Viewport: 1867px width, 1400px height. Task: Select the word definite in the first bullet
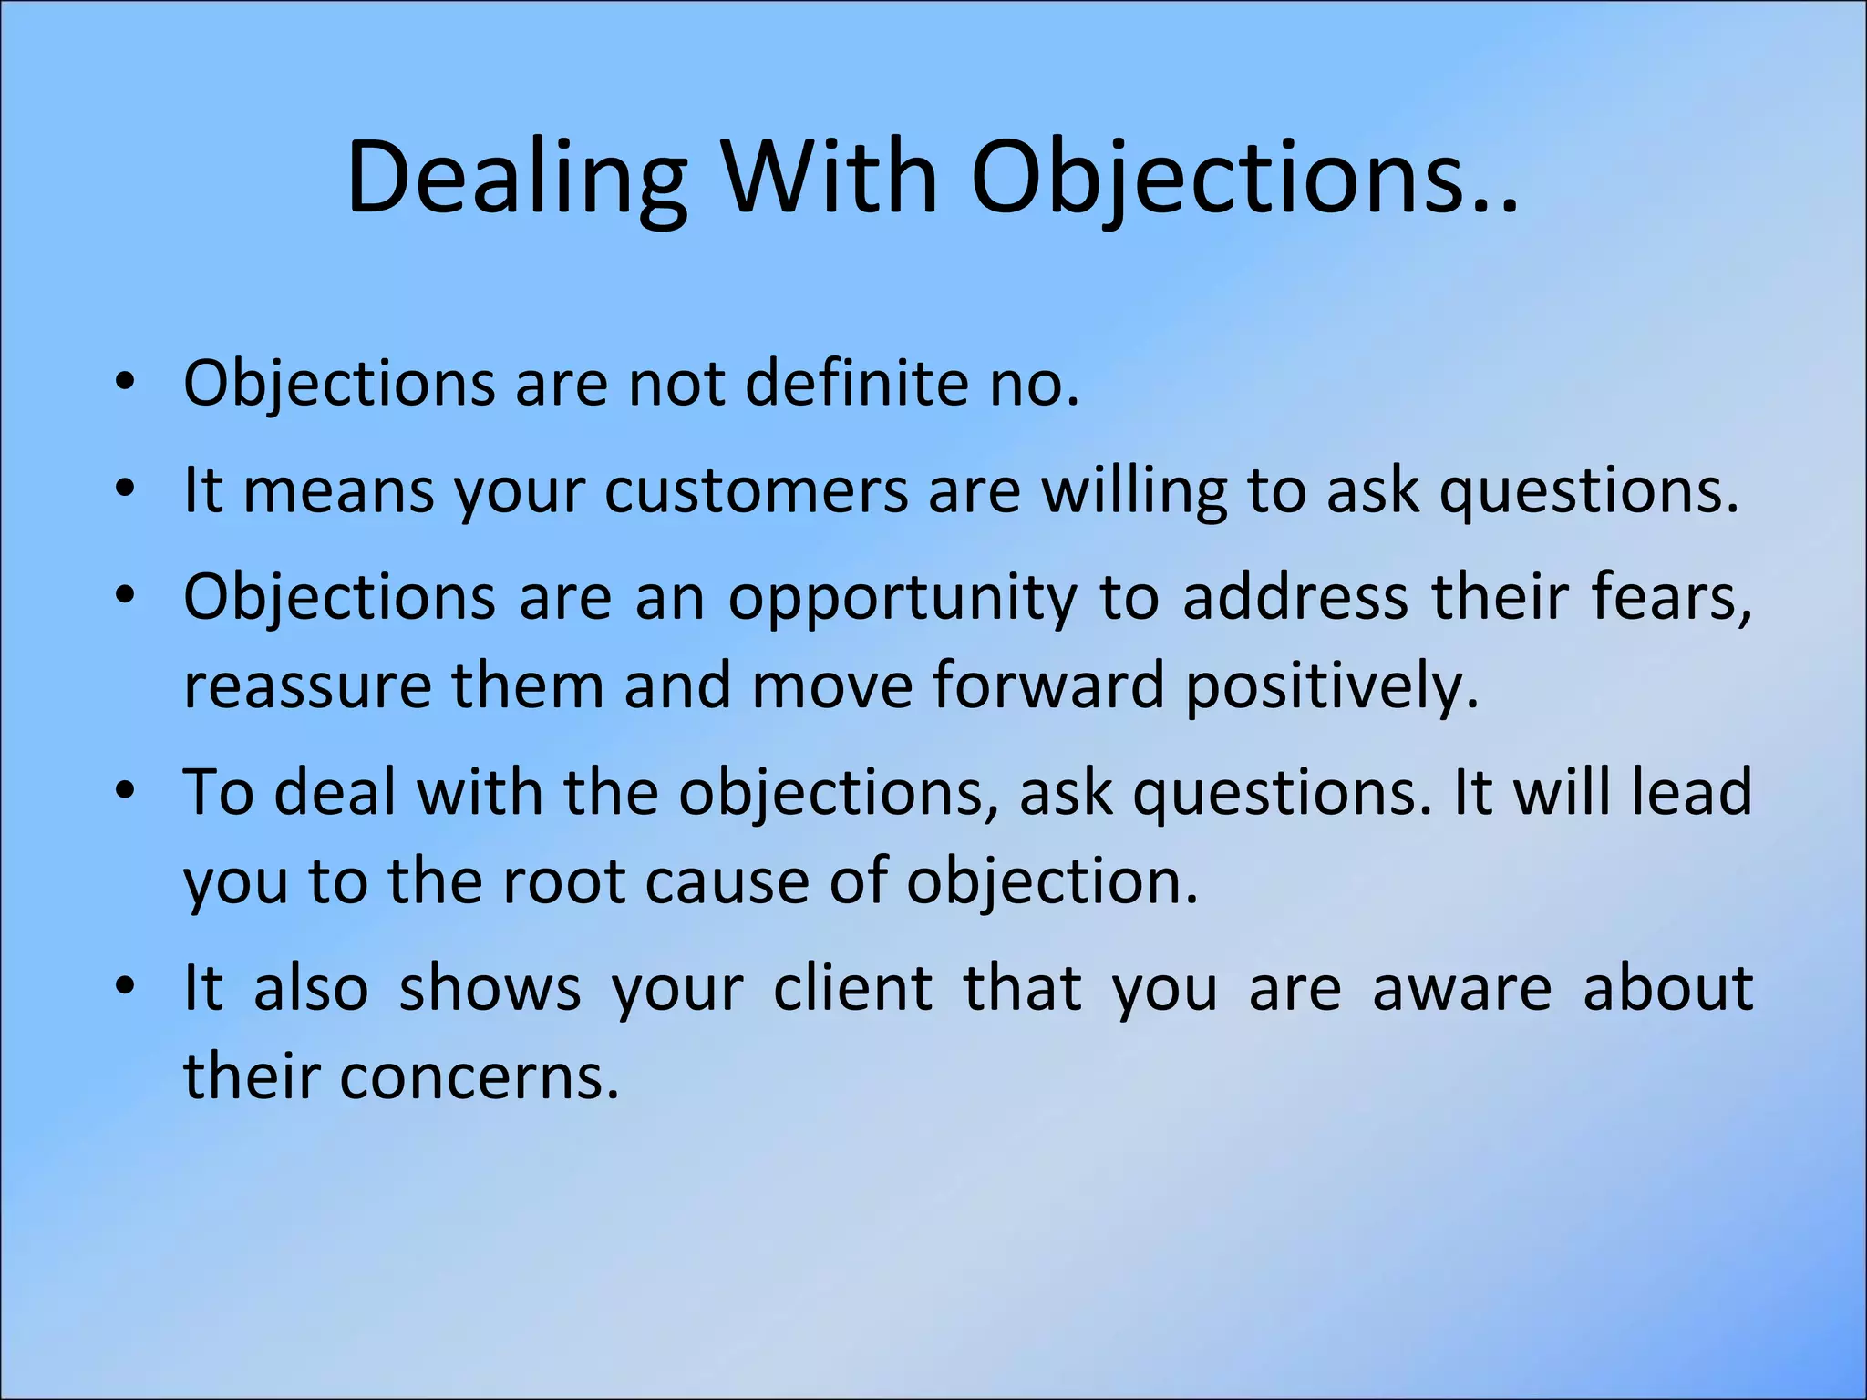(x=858, y=383)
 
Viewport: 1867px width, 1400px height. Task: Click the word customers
(x=757, y=491)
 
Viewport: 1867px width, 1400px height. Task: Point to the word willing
(x=1134, y=491)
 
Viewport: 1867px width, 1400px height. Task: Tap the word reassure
(x=306, y=686)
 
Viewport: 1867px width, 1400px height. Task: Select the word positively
(x=1331, y=686)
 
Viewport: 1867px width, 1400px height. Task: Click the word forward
(x=1048, y=685)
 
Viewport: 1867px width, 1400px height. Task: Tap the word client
(x=852, y=988)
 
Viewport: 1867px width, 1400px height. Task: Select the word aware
(x=1461, y=988)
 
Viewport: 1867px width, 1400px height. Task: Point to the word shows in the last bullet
(x=490, y=988)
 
